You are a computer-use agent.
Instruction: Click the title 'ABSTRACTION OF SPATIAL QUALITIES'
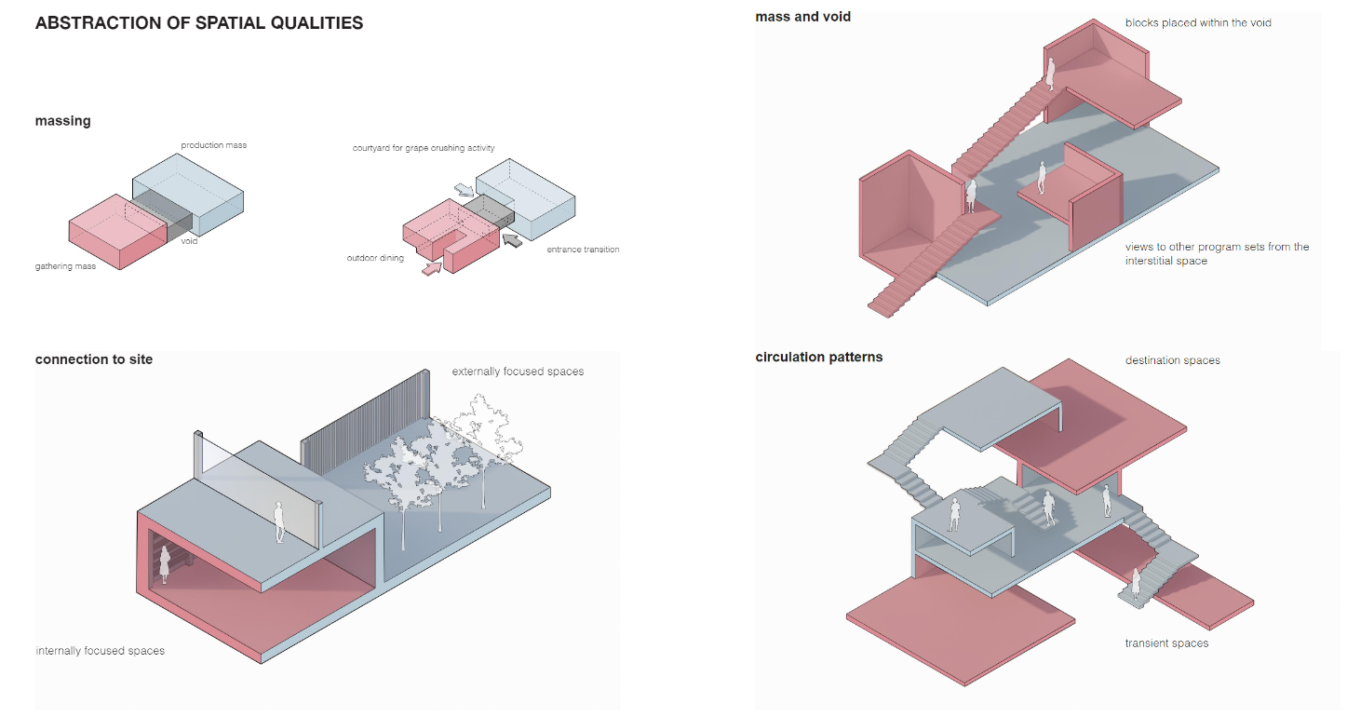point(199,23)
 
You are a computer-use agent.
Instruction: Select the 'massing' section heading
point(63,121)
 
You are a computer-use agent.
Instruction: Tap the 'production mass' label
point(213,145)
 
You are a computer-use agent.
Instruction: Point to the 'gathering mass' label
point(65,266)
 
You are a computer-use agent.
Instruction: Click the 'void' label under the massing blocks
point(189,241)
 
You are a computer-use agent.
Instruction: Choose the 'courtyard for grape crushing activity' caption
point(424,148)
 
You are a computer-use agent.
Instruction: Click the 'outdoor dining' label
point(375,258)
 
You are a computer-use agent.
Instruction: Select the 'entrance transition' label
point(583,250)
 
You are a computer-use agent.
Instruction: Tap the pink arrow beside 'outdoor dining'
point(431,268)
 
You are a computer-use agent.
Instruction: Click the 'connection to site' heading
point(94,359)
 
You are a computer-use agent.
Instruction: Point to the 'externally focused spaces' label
point(518,372)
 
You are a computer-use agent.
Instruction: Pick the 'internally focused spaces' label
point(100,651)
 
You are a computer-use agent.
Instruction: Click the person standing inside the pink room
point(166,565)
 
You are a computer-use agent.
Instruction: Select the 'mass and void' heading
point(802,17)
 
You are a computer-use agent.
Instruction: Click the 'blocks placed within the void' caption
point(1197,22)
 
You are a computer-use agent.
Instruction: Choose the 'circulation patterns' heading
point(819,357)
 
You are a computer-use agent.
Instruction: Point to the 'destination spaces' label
point(1172,360)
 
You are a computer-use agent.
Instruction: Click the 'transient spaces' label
point(1166,643)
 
